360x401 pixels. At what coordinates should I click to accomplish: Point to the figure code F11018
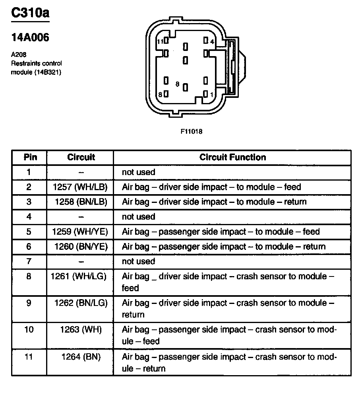(192, 132)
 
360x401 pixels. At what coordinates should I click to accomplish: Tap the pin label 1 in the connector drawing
(212, 94)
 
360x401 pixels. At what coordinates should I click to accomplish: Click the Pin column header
(30, 157)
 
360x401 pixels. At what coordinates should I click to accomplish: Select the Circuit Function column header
(232, 157)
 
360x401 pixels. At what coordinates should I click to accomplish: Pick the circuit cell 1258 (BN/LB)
(81, 202)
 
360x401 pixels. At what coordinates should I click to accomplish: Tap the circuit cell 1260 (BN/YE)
(81, 247)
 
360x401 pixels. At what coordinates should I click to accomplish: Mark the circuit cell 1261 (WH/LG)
(79, 276)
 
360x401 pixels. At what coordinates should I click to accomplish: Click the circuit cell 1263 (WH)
(81, 330)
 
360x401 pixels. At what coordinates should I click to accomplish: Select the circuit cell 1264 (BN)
(81, 357)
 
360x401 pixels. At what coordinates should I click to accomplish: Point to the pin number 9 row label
(29, 303)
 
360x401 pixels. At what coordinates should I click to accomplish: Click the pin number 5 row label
(29, 232)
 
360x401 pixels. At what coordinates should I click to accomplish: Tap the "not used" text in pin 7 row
(138, 261)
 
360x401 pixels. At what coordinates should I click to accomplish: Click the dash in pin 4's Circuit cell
(81, 217)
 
